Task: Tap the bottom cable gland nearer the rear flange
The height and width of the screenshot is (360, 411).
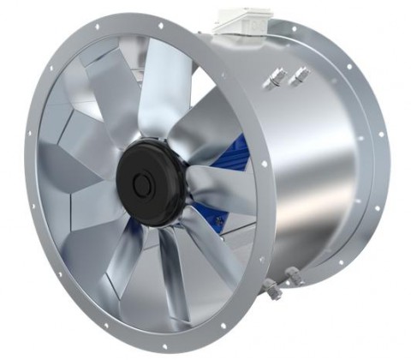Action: coord(293,276)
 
